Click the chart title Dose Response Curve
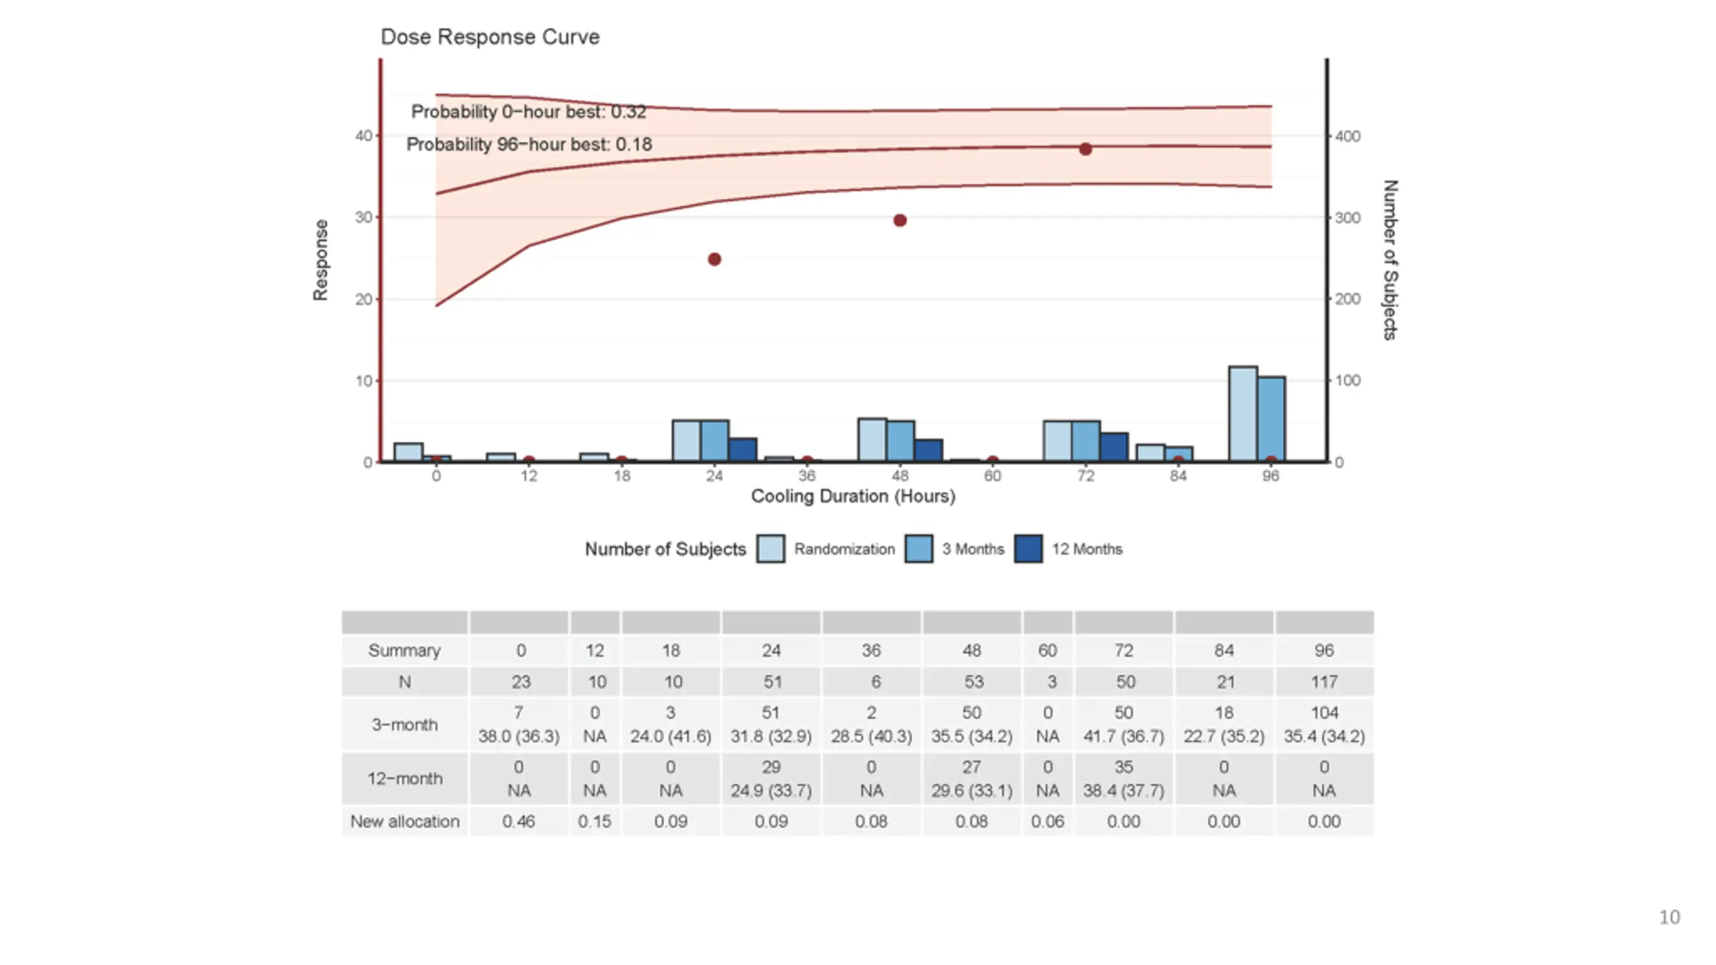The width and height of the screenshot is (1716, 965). pyautogui.click(x=489, y=37)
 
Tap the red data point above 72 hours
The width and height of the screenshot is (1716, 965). pyautogui.click(x=1085, y=149)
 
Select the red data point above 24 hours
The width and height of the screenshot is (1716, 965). pyautogui.click(x=715, y=259)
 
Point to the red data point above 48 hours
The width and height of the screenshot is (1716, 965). pyautogui.click(x=900, y=220)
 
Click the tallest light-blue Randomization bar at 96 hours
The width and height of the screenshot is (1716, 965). pyautogui.click(x=1242, y=413)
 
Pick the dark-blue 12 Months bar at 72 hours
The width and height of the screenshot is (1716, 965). pyautogui.click(x=1113, y=447)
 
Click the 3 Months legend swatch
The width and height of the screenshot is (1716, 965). pyautogui.click(x=918, y=549)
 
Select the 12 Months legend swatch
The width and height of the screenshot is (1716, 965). pyautogui.click(x=1028, y=549)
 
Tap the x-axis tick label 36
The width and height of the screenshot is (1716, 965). pyautogui.click(x=807, y=476)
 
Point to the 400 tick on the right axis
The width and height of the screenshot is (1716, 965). pyautogui.click(x=1347, y=137)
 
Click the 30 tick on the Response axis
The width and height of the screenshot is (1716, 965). pyautogui.click(x=363, y=218)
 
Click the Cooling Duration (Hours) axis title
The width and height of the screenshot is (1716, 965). pyautogui.click(x=853, y=497)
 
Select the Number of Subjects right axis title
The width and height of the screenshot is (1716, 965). pyautogui.click(x=1390, y=260)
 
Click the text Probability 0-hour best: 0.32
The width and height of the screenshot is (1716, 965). pyautogui.click(x=528, y=112)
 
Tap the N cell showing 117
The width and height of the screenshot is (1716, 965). pyautogui.click(x=1324, y=682)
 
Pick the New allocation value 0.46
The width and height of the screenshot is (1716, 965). pyautogui.click(x=519, y=822)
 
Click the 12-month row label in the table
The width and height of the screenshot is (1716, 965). pyautogui.click(x=405, y=779)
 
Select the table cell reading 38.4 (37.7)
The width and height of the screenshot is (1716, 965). pyautogui.click(x=1123, y=791)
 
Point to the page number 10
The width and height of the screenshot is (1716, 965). pyautogui.click(x=1669, y=917)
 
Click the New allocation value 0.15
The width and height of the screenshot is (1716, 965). pyautogui.click(x=595, y=822)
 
